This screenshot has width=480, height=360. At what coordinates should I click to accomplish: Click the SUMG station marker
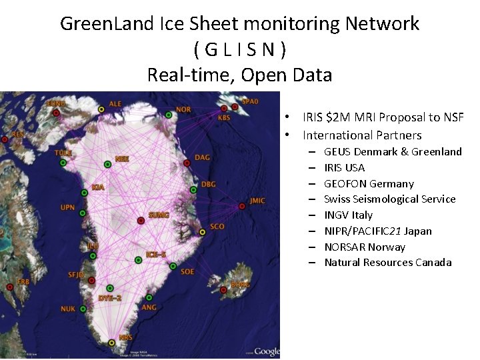[141, 221]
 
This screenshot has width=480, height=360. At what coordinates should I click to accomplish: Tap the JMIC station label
[257, 200]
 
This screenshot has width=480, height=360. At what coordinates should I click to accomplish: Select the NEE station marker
[108, 164]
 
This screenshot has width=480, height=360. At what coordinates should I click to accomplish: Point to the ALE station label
[115, 104]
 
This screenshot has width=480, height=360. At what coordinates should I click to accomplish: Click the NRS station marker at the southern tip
[111, 343]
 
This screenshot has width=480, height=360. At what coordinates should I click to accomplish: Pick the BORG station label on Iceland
[240, 285]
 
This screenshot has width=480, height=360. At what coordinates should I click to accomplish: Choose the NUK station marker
[83, 309]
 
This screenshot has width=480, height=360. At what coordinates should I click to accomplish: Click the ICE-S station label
[156, 254]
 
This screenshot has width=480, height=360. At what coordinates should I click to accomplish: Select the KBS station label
[225, 118]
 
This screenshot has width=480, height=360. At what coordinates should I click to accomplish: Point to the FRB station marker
[9, 287]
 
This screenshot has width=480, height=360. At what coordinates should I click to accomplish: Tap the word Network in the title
[382, 24]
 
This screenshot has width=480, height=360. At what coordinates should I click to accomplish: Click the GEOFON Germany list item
[369, 183]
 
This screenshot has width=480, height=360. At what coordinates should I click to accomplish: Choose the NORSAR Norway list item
[365, 247]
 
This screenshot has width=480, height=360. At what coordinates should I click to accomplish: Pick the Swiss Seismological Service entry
[389, 199]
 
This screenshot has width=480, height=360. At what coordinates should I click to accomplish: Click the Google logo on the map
[267, 351]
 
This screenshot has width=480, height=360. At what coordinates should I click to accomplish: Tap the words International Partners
[362, 135]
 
